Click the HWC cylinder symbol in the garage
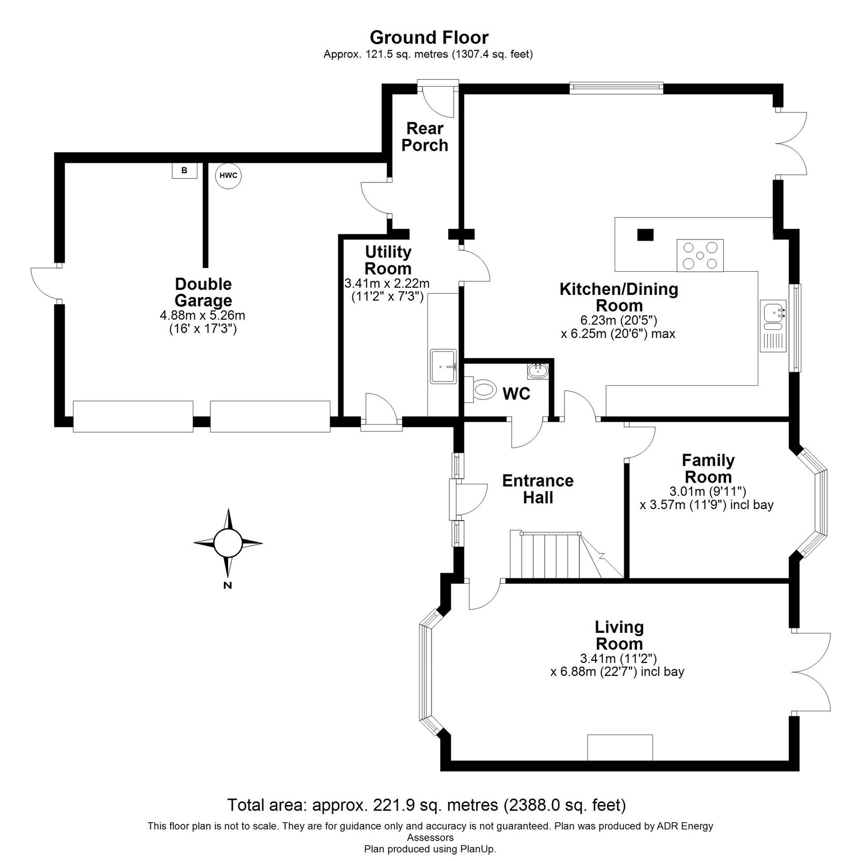(228, 175)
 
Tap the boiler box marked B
(185, 171)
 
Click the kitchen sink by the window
(774, 326)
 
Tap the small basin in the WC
(538, 370)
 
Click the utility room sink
(443, 367)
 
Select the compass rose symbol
(228, 543)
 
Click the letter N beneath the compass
(228, 585)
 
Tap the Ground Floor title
(429, 37)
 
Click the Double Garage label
(203, 292)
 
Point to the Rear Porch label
(425, 137)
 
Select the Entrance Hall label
(538, 489)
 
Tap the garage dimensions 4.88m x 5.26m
(203, 315)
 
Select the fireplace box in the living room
(620, 747)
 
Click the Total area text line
(427, 820)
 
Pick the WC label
(517, 393)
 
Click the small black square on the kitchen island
(645, 235)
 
